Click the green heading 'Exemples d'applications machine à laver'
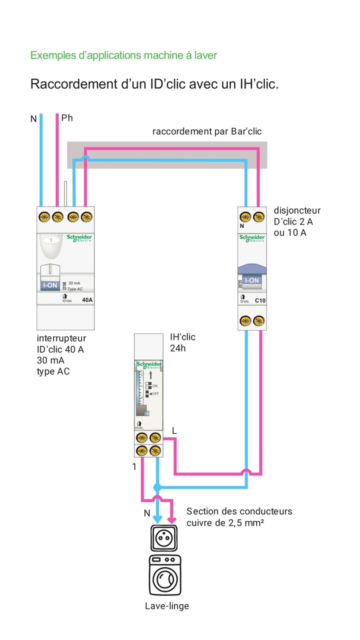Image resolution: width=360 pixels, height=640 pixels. (x=123, y=55)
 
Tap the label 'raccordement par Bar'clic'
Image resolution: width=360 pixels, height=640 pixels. (x=207, y=131)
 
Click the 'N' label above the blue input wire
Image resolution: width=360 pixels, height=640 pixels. (x=33, y=119)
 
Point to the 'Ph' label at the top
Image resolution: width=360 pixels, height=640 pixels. (x=67, y=118)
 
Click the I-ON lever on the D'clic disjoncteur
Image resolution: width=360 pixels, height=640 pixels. (x=251, y=280)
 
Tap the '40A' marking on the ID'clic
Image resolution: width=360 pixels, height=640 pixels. (x=87, y=300)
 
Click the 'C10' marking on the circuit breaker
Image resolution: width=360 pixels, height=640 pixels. (x=260, y=301)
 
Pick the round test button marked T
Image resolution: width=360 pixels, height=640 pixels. (x=50, y=240)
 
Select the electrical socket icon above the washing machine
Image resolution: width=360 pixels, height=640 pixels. (x=164, y=537)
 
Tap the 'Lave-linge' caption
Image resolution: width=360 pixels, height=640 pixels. (x=167, y=606)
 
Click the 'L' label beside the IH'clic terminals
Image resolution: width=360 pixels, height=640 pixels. (x=174, y=430)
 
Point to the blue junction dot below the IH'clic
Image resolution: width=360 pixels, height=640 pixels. (x=157, y=486)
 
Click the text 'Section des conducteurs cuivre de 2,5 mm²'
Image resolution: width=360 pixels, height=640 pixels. (x=239, y=517)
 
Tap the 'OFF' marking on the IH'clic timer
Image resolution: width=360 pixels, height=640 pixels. (x=154, y=394)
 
